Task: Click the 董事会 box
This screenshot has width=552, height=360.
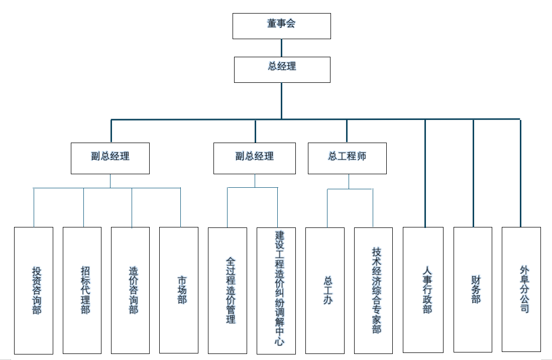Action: pyautogui.click(x=281, y=26)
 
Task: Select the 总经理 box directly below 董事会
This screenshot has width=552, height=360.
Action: pyautogui.click(x=282, y=69)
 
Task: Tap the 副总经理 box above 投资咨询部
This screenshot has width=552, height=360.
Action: pyautogui.click(x=110, y=158)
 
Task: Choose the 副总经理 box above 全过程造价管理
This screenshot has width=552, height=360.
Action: pyautogui.click(x=254, y=158)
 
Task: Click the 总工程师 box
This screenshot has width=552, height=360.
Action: pyautogui.click(x=347, y=158)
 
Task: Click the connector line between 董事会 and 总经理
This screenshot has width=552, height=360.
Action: pyautogui.click(x=281, y=48)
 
